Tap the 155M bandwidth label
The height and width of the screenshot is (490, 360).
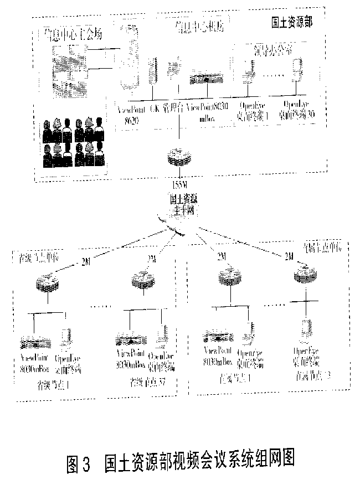pos(179,184)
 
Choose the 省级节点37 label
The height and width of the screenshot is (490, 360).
pos(147,381)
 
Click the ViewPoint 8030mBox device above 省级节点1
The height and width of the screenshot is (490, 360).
pos(35,341)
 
